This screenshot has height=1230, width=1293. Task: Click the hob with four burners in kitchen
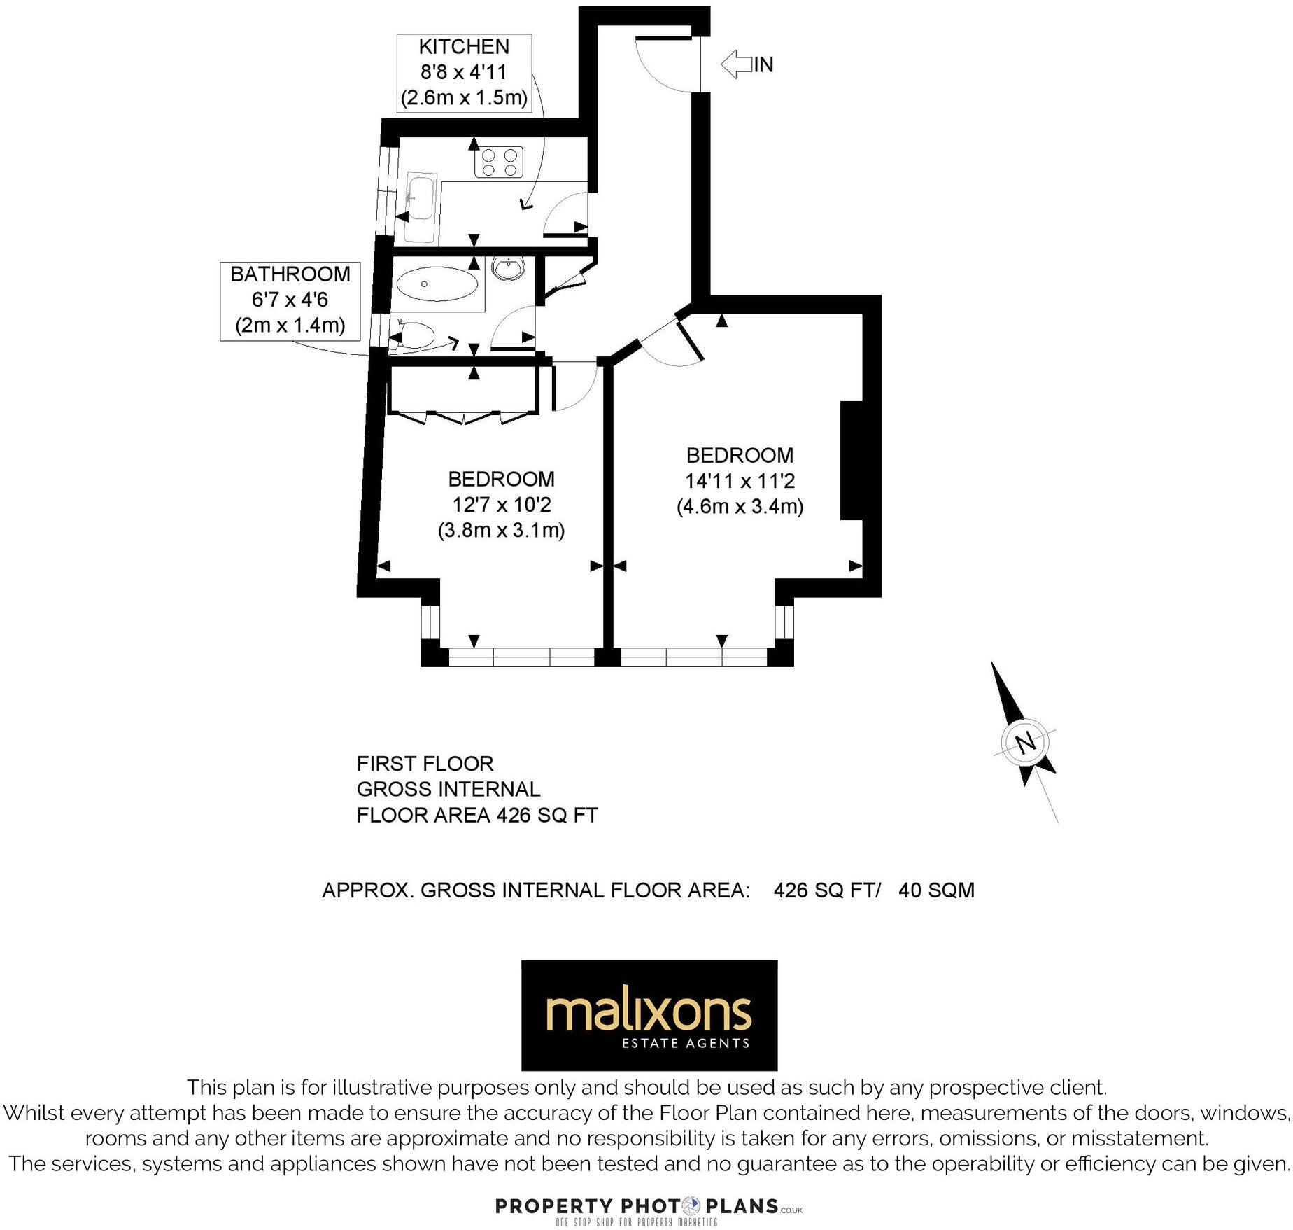[499, 162]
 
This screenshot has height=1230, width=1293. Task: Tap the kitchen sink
[421, 209]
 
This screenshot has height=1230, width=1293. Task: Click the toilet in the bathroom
[416, 335]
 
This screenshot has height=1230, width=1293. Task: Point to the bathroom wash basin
[509, 268]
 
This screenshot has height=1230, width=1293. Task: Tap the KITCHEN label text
[464, 47]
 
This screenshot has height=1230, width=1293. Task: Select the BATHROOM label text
[290, 274]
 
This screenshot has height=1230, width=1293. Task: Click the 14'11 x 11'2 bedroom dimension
[740, 481]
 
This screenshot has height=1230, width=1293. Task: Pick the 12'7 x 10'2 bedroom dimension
[501, 505]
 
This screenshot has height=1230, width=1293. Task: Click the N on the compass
[1025, 743]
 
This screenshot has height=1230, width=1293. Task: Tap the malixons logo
[649, 1014]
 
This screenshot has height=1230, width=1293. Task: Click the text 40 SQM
[936, 890]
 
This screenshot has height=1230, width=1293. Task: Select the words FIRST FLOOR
[425, 764]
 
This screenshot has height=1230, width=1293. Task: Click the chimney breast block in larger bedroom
[851, 460]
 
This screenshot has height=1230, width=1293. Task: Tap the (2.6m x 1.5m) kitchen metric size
[464, 97]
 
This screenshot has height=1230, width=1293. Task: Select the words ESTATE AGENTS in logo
[686, 1044]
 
